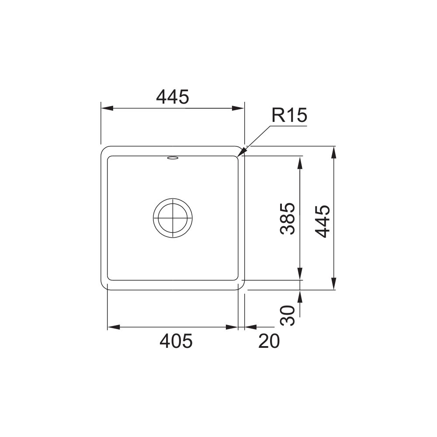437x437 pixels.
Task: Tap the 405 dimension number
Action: pyautogui.click(x=176, y=341)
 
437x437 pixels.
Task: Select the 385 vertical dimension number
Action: pyautogui.click(x=288, y=218)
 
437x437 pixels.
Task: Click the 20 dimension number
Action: pyautogui.click(x=269, y=341)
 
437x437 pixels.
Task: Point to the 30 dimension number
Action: pyautogui.click(x=288, y=316)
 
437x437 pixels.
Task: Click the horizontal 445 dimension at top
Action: pyautogui.click(x=173, y=97)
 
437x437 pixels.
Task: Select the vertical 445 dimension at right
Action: pyautogui.click(x=323, y=221)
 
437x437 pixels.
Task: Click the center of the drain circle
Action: pyautogui.click(x=173, y=218)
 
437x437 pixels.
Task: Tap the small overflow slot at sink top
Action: pyautogui.click(x=173, y=158)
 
